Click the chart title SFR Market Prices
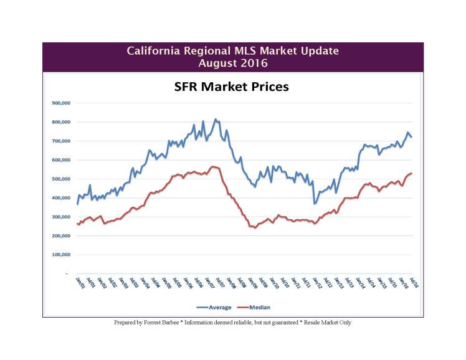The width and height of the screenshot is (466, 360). point(231,87)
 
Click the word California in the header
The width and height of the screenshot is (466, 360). point(154,50)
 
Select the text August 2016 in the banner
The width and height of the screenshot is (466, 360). point(233,62)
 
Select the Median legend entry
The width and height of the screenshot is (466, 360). point(257,307)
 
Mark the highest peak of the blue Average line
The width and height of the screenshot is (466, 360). point(216,119)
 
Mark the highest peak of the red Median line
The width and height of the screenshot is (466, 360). point(213,166)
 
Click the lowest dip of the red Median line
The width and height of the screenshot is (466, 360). point(255,228)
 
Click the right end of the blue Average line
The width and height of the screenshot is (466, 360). point(412,137)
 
